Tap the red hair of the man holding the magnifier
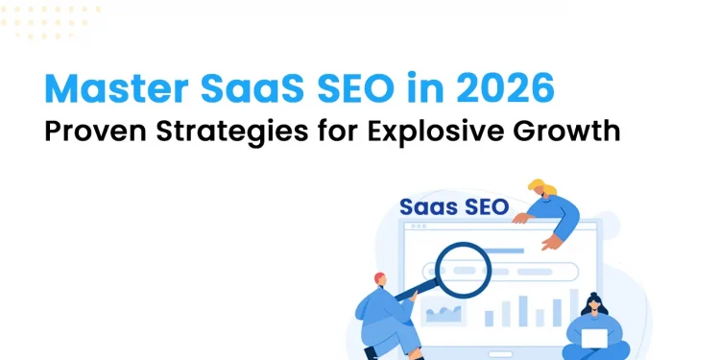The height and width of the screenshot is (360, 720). tap(380, 277)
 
